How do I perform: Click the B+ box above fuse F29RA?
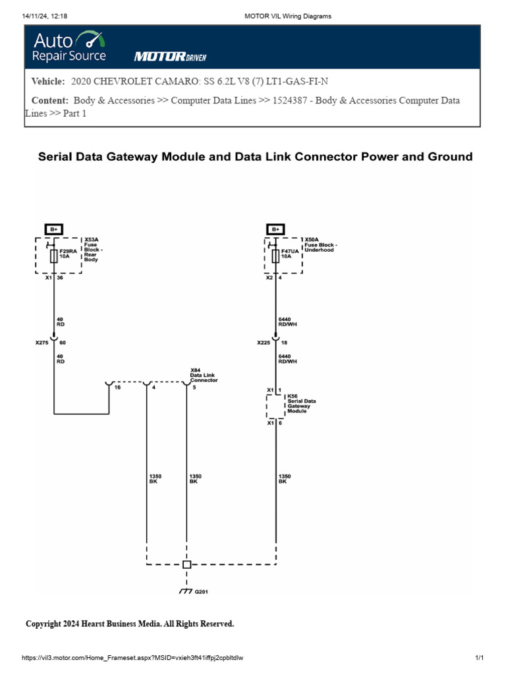tap(54, 229)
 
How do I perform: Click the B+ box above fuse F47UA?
tap(275, 229)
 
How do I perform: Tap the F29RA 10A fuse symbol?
tap(54, 256)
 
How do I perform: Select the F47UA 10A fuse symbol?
tap(275, 256)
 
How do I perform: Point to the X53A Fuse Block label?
tap(94, 249)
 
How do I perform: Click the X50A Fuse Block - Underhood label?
tap(321, 245)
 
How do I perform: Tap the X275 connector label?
tap(42, 343)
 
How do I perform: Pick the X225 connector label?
tap(264, 343)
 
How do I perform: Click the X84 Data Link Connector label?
tap(204, 375)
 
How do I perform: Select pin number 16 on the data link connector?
tap(117, 388)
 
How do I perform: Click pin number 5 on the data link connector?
tap(194, 388)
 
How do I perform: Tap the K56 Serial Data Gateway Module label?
tap(302, 403)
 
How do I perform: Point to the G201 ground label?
tap(202, 592)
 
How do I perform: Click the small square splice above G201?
tap(186, 564)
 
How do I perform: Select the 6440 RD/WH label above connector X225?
tap(287, 322)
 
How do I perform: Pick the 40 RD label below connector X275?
tap(60, 359)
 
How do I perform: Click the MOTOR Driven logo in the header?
tap(171, 57)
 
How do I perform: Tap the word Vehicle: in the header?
tap(48, 81)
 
